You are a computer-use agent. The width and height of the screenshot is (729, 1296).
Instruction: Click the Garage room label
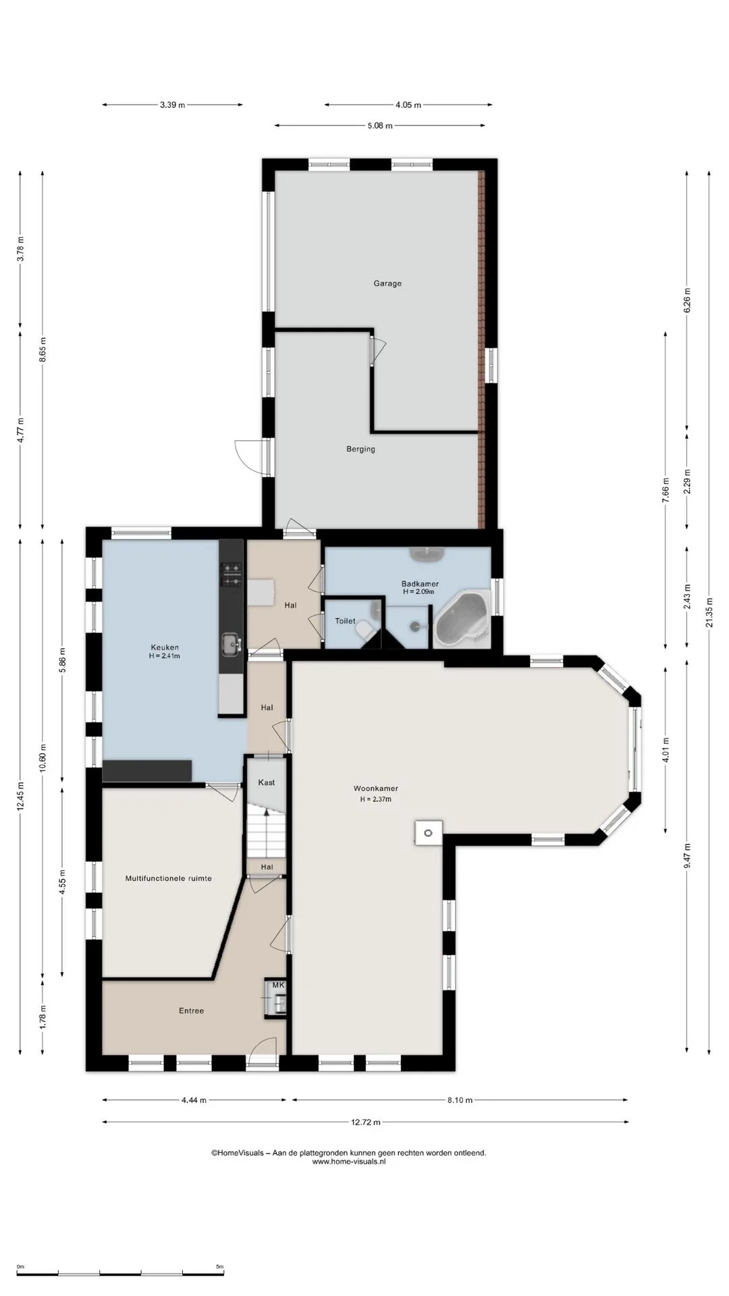coord(387,283)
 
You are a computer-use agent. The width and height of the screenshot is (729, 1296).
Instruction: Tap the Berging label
coord(360,449)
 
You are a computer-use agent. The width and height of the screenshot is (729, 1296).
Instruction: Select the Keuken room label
coord(165,647)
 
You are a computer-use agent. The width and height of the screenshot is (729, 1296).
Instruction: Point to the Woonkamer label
coord(376,788)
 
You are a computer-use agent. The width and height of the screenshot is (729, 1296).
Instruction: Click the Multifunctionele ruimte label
coord(169,879)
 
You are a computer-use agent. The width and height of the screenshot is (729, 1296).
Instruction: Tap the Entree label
coord(191,1011)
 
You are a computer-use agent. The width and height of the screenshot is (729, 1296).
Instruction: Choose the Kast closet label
coord(267,782)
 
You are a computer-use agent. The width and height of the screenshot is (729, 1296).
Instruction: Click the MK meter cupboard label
coord(278,986)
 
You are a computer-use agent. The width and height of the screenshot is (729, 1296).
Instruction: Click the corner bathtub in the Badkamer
coord(462,619)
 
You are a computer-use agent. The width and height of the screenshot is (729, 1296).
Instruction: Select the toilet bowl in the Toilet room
coord(364,628)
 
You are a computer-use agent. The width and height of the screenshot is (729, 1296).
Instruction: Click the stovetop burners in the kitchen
coord(232,574)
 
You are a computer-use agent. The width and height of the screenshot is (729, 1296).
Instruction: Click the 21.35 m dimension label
coord(709,613)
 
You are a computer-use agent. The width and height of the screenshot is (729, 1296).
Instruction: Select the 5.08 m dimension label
coord(380,126)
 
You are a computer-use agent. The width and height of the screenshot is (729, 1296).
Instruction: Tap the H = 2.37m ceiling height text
coord(376,799)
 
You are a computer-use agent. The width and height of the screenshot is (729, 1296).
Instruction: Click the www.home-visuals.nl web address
coord(349,1162)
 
